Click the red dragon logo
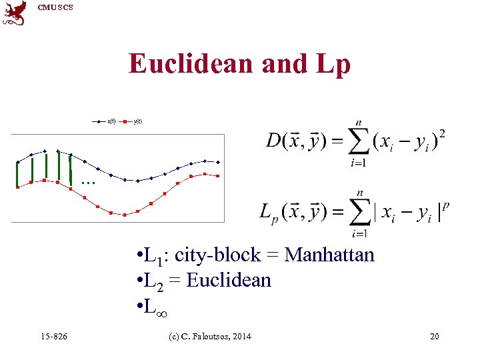pyautogui.click(x=15, y=13)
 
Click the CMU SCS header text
pyautogui.click(x=55, y=7)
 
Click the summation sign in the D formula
pyautogui.click(x=359, y=141)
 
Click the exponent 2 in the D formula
pyautogui.click(x=442, y=134)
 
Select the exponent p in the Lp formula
pyautogui.click(x=445, y=205)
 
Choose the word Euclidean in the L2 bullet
pyautogui.click(x=229, y=281)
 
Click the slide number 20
pyautogui.click(x=434, y=337)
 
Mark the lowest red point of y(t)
pyautogui.click(x=125, y=215)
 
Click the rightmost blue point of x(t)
pyautogui.click(x=218, y=161)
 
